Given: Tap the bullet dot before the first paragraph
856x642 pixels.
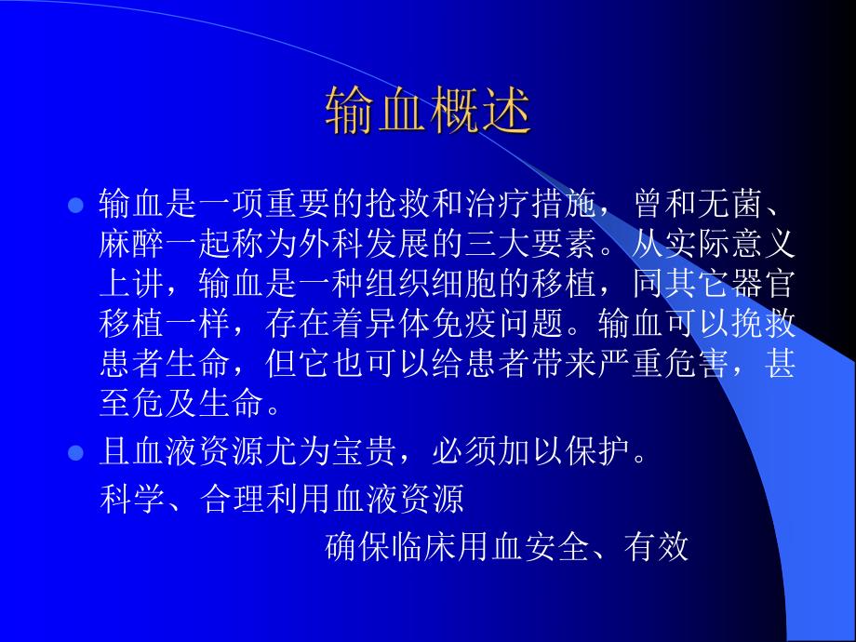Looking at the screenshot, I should pos(77,204).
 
